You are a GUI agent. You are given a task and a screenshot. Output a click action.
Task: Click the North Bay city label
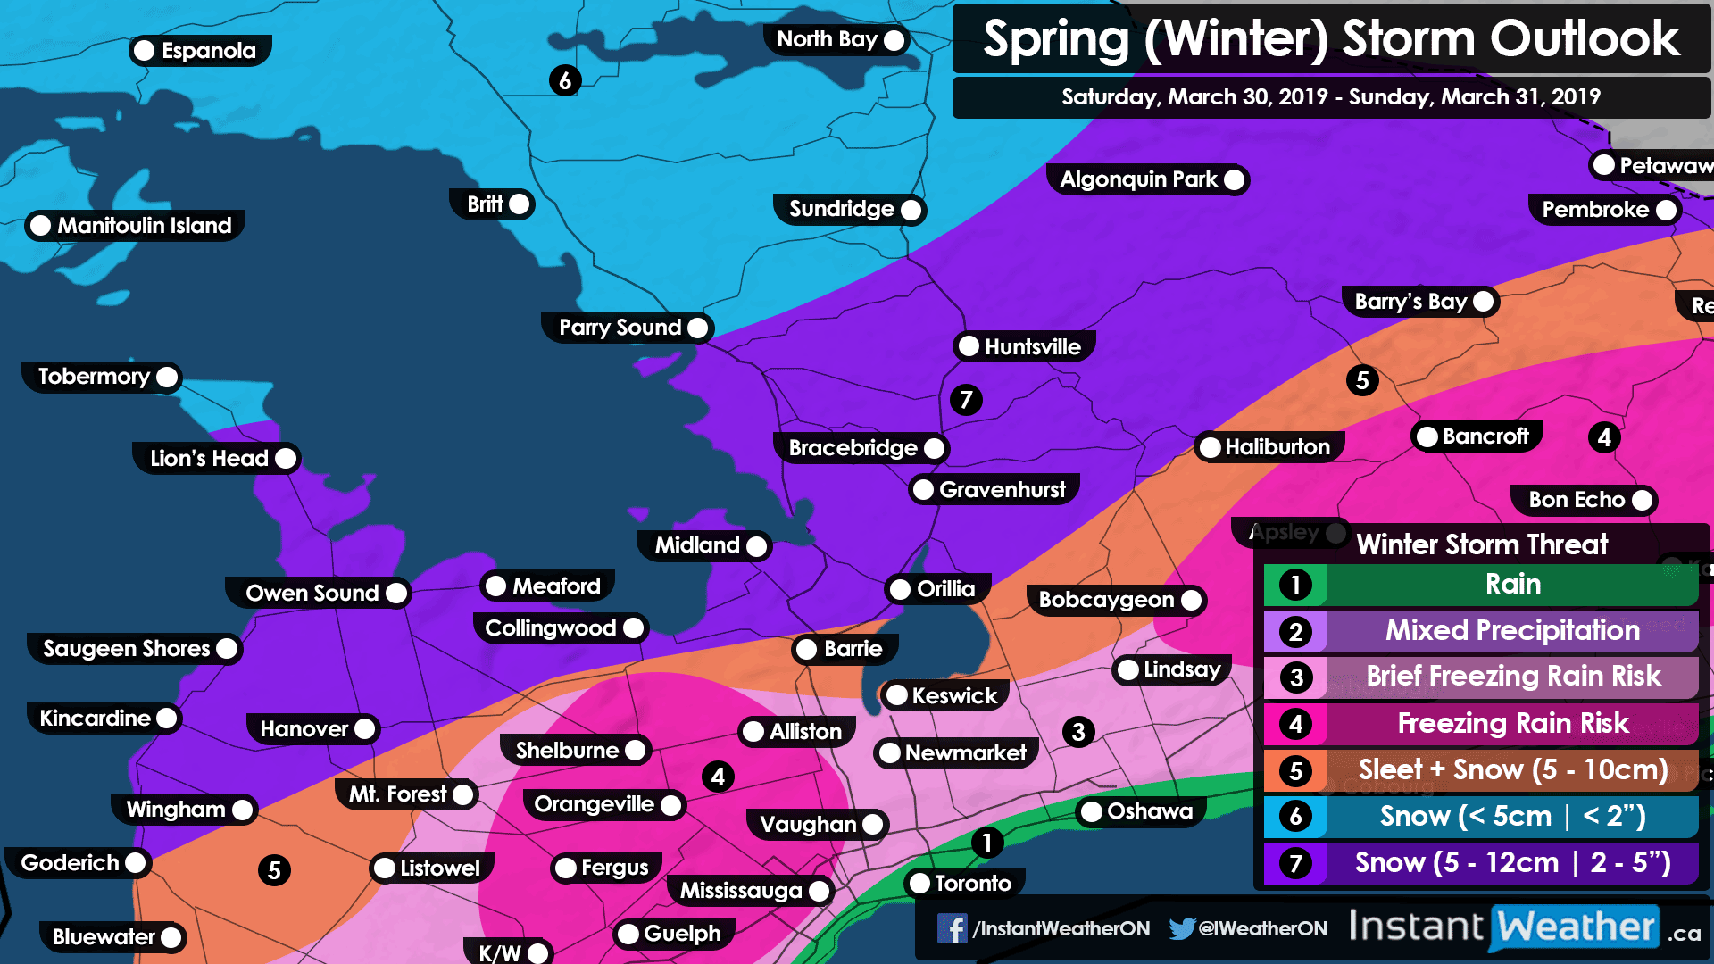pos(828,39)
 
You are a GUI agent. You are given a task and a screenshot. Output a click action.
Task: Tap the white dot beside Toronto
pos(919,884)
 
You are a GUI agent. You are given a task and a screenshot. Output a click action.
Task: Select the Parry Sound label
pos(620,328)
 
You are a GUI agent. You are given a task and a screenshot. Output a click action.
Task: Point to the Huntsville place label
pos(1032,346)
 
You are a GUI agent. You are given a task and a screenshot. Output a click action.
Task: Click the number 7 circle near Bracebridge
pos(966,399)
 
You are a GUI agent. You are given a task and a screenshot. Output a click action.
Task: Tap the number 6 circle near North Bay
pos(564,80)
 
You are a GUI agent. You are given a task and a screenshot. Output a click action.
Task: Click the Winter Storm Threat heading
pos(1482,544)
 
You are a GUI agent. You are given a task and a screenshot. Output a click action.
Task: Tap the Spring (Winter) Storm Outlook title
pos(1330,39)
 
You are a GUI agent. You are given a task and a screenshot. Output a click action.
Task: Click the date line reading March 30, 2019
pos(1330,97)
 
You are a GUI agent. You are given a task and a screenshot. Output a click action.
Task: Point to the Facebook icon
pos(952,928)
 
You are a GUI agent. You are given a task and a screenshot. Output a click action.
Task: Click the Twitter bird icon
pos(1181,928)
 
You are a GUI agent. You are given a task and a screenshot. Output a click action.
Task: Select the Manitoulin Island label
pos(144,226)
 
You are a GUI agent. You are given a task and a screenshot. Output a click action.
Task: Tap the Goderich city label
pos(71,863)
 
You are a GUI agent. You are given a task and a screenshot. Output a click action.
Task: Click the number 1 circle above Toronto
pos(986,843)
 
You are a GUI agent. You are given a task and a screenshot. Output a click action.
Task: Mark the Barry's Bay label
pos(1410,302)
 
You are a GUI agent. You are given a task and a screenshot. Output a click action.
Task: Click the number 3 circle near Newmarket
pos(1078,732)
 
